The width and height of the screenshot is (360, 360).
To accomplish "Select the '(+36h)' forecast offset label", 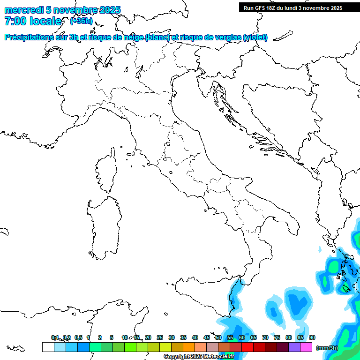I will pyautogui.click(x=81, y=21).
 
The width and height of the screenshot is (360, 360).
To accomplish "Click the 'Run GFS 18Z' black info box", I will pyautogui.click(x=293, y=7).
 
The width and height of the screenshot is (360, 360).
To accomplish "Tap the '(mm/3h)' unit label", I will pyautogui.click(x=327, y=348).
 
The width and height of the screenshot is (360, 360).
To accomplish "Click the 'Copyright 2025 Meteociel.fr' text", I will pyautogui.click(x=199, y=357).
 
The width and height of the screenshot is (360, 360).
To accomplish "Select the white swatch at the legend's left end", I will pyautogui.click(x=48, y=347).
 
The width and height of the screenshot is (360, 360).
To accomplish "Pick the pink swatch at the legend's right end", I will pyautogui.click(x=306, y=347).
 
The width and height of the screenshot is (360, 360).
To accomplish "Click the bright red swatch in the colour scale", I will pyautogui.click(x=247, y=347).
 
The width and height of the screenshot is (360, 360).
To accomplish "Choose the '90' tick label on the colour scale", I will pyautogui.click(x=312, y=337).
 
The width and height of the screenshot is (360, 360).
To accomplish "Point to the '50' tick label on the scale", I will pyautogui.click(x=218, y=337).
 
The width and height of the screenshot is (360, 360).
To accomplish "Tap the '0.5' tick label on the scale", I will pyautogui.click(x=78, y=337).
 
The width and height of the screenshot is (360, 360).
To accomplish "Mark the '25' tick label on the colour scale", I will pyautogui.click(x=160, y=337).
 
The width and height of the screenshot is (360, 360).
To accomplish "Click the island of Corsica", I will pyautogui.click(x=107, y=171).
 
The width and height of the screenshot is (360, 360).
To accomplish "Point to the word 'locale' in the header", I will pyautogui.click(x=45, y=21).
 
